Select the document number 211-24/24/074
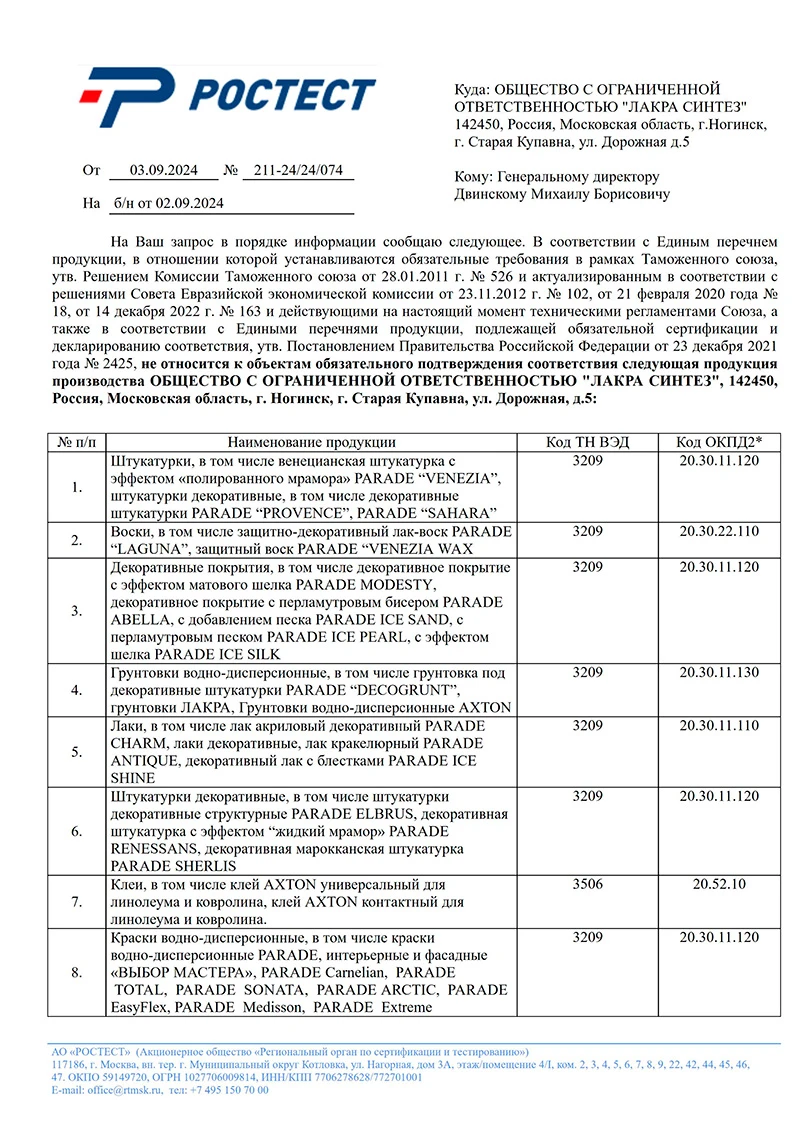(298, 171)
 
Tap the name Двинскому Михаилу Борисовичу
(562, 194)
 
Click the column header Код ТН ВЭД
(587, 442)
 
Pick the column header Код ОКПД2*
(718, 442)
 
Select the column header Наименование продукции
(311, 442)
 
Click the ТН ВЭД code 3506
(587, 885)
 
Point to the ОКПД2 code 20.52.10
(718, 885)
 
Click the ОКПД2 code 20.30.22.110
(718, 530)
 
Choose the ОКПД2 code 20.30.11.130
(718, 672)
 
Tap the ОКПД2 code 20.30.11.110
(718, 725)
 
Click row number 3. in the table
(77, 610)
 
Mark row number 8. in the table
(77, 972)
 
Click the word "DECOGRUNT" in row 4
(410, 690)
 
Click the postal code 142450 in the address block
(478, 125)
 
